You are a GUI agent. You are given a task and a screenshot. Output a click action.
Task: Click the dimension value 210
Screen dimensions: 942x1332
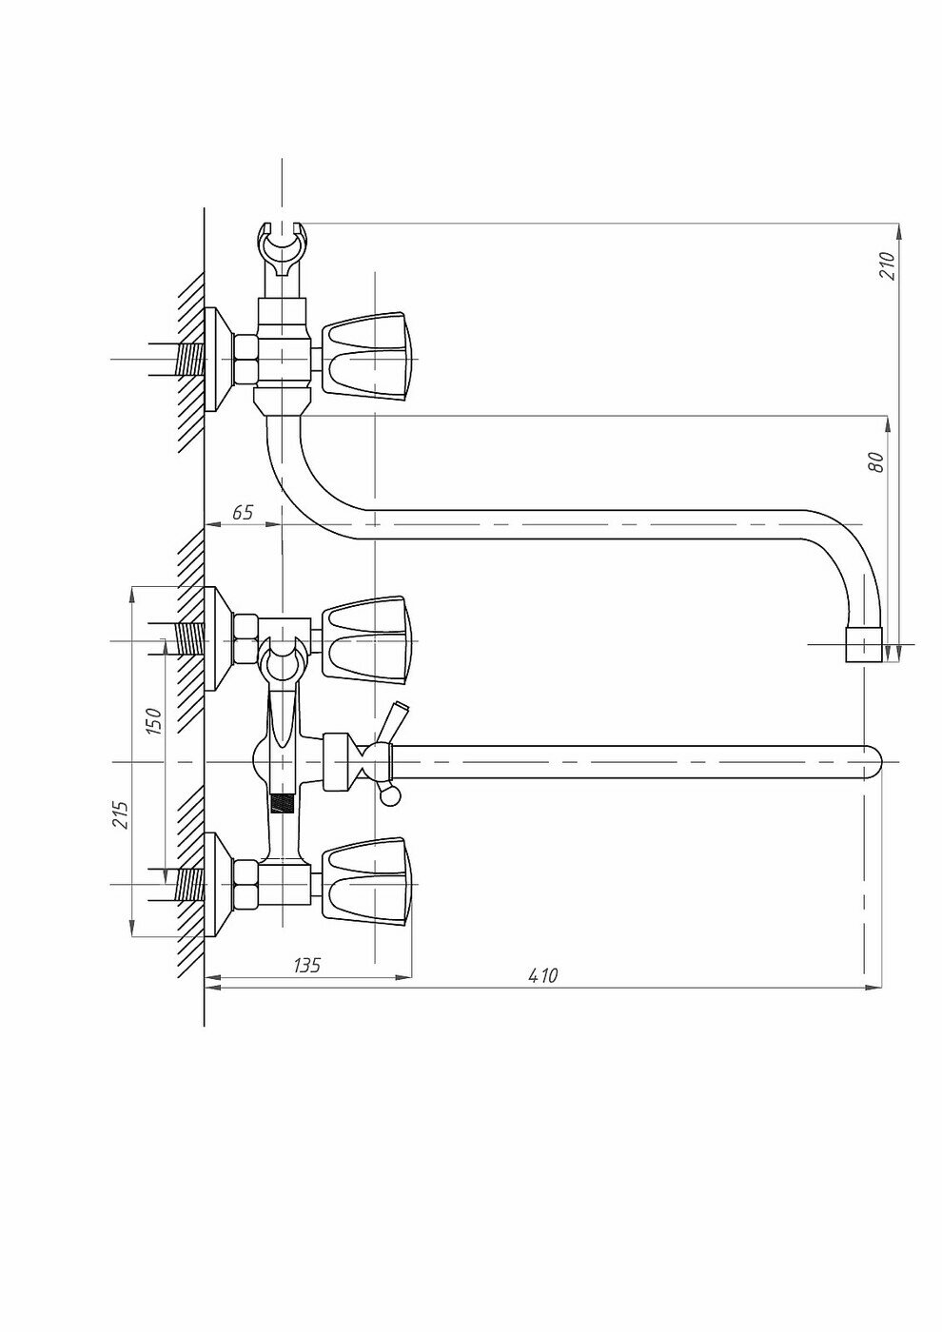click(887, 264)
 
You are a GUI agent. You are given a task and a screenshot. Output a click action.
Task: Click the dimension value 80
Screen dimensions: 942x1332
click(876, 461)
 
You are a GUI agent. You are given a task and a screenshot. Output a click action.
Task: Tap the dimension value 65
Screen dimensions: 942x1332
click(243, 512)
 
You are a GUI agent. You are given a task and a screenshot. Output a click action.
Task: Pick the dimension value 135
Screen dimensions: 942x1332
click(305, 965)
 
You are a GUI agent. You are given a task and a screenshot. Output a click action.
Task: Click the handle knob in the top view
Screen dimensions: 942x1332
click(369, 359)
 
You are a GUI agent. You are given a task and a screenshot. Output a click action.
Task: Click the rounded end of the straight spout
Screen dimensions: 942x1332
click(873, 762)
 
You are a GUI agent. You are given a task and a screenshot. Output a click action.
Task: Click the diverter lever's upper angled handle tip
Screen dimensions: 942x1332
click(400, 710)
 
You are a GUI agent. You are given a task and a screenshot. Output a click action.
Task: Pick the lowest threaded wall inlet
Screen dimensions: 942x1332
click(190, 884)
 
